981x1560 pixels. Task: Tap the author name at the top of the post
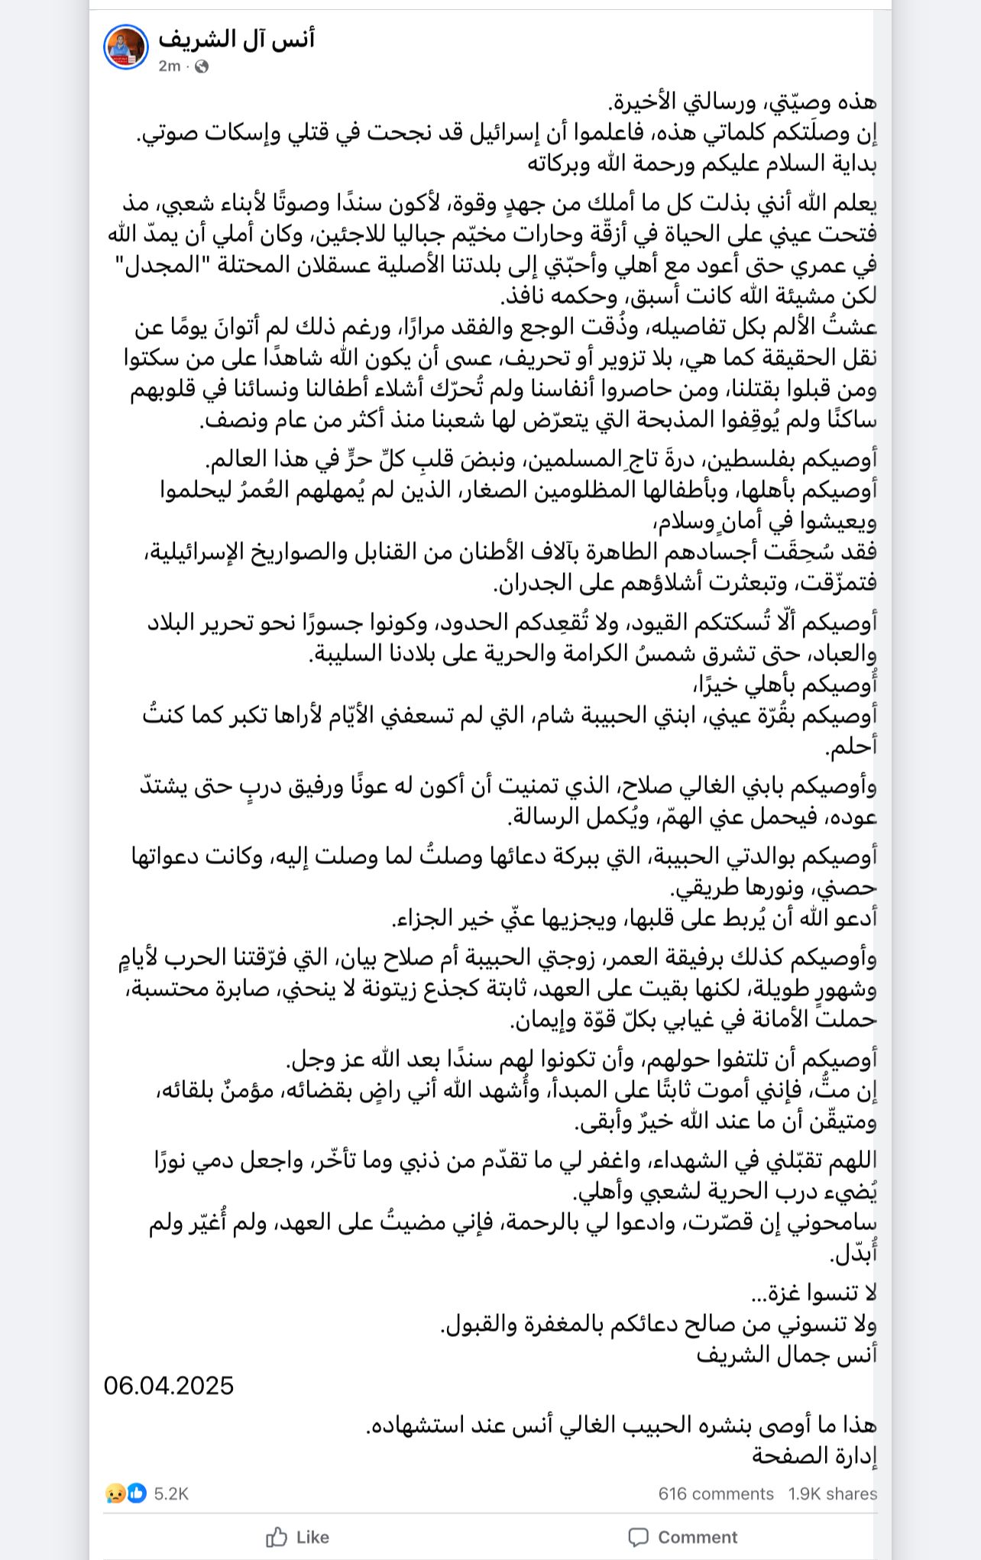pos(236,37)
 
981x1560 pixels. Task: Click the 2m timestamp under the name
pos(169,66)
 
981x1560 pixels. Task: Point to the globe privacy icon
pos(202,66)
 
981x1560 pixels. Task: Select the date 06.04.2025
pos(169,1385)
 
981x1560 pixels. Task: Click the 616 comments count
pos(715,1494)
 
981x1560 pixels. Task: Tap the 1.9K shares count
pos(833,1494)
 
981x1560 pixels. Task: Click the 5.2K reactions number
pos(171,1494)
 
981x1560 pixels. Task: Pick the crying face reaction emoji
pos(115,1494)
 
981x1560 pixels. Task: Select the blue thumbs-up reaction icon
pos(137,1494)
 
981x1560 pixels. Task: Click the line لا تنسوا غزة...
pos(814,1293)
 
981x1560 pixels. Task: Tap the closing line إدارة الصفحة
pos(814,1455)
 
